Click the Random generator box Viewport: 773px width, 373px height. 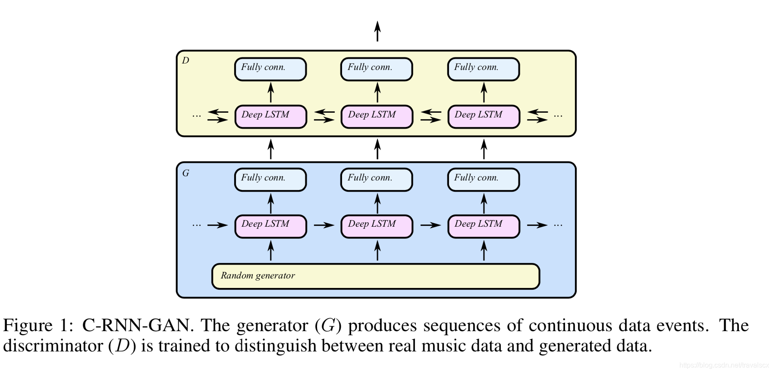pyautogui.click(x=376, y=276)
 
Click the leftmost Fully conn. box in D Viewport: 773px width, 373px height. pyautogui.click(x=270, y=69)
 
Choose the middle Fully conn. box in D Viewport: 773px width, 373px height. pyautogui.click(x=377, y=69)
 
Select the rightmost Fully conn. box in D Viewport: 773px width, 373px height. pyautogui.click(x=484, y=69)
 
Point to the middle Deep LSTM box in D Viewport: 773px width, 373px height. pyautogui.click(x=377, y=117)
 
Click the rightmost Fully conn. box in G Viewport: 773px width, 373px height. pyautogui.click(x=484, y=180)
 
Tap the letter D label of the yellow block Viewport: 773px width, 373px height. pyautogui.click(x=185, y=60)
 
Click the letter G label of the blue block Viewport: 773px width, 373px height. pyautogui.click(x=186, y=173)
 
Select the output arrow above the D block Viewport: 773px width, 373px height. pyautogui.click(x=377, y=31)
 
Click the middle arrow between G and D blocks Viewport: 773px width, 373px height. pyautogui.click(x=377, y=149)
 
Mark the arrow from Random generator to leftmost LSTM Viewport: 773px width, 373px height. pyautogui.click(x=271, y=250)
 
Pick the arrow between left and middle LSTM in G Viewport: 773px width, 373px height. pyautogui.click(x=324, y=225)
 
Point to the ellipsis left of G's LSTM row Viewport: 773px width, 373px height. pyautogui.click(x=197, y=225)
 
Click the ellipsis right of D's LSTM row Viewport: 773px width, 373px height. pyautogui.click(x=558, y=116)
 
